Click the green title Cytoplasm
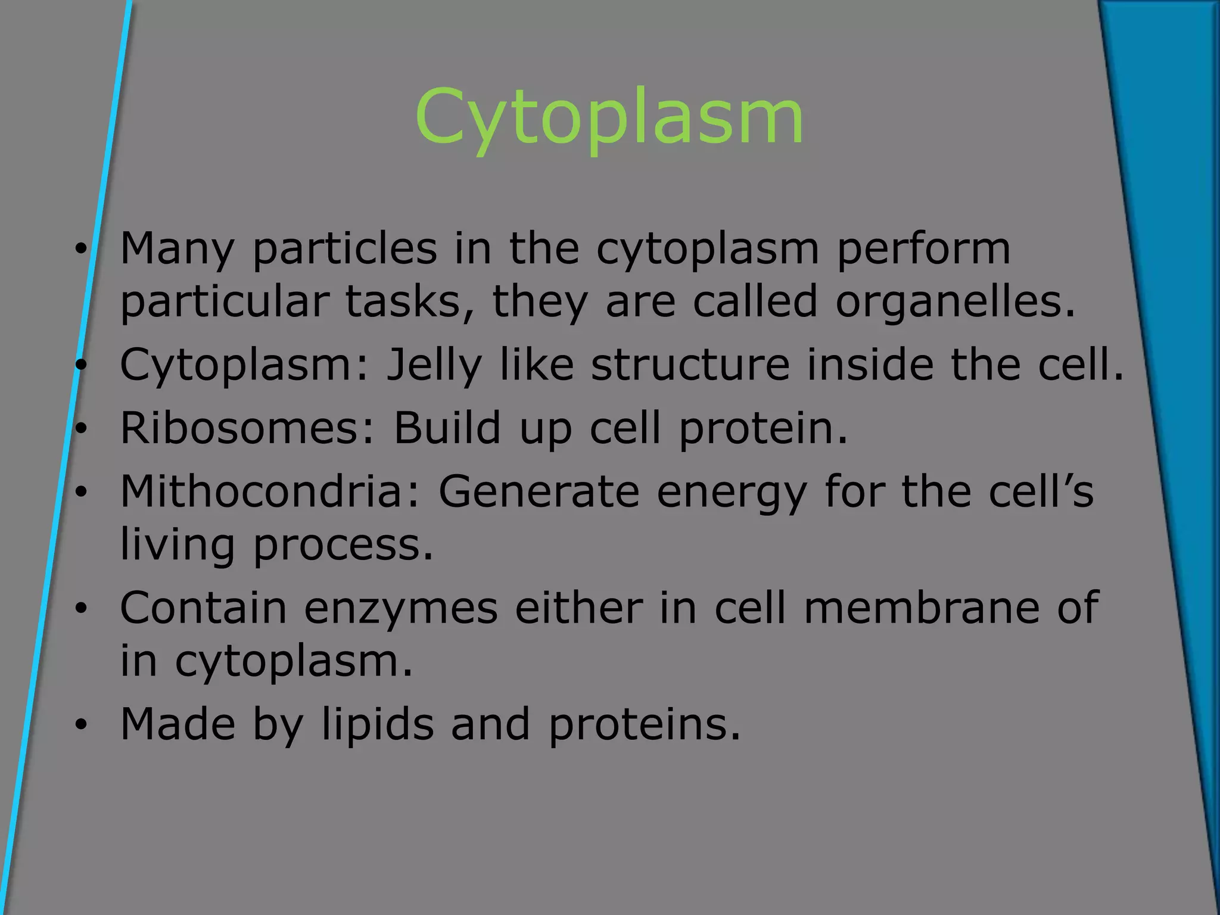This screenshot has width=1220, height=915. (609, 117)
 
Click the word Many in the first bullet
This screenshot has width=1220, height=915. (177, 249)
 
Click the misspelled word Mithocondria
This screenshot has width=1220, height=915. (270, 491)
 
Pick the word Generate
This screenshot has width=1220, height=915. (539, 491)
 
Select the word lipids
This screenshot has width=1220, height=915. (378, 724)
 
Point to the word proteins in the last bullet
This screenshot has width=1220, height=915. (645, 724)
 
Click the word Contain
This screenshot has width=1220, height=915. (203, 608)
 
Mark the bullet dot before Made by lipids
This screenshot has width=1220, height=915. (81, 725)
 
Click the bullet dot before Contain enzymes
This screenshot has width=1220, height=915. (81, 609)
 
